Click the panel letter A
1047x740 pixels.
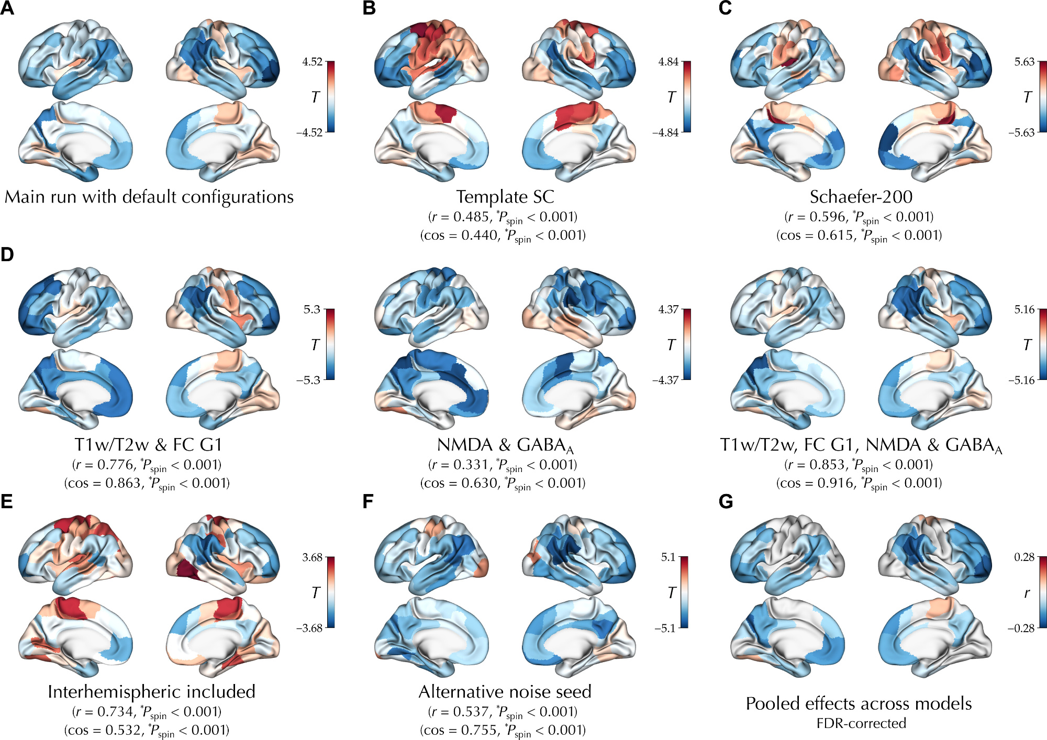tap(7, 8)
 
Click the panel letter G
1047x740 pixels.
tap(726, 502)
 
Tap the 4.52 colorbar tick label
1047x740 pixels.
tap(312, 62)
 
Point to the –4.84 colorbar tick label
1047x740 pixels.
tap(665, 132)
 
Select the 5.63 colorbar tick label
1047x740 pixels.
tap(1024, 62)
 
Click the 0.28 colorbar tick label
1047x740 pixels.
tap(1024, 557)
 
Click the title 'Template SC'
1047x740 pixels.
tap(505, 197)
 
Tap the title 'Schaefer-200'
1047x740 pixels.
tap(861, 197)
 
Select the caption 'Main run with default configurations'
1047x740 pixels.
tap(149, 197)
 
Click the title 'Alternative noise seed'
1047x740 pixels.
tap(505, 692)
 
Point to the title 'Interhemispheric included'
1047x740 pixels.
tap(151, 692)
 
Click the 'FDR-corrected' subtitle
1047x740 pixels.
tap(861, 723)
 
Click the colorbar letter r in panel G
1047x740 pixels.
tap(1027, 593)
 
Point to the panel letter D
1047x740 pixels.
tap(7, 254)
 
